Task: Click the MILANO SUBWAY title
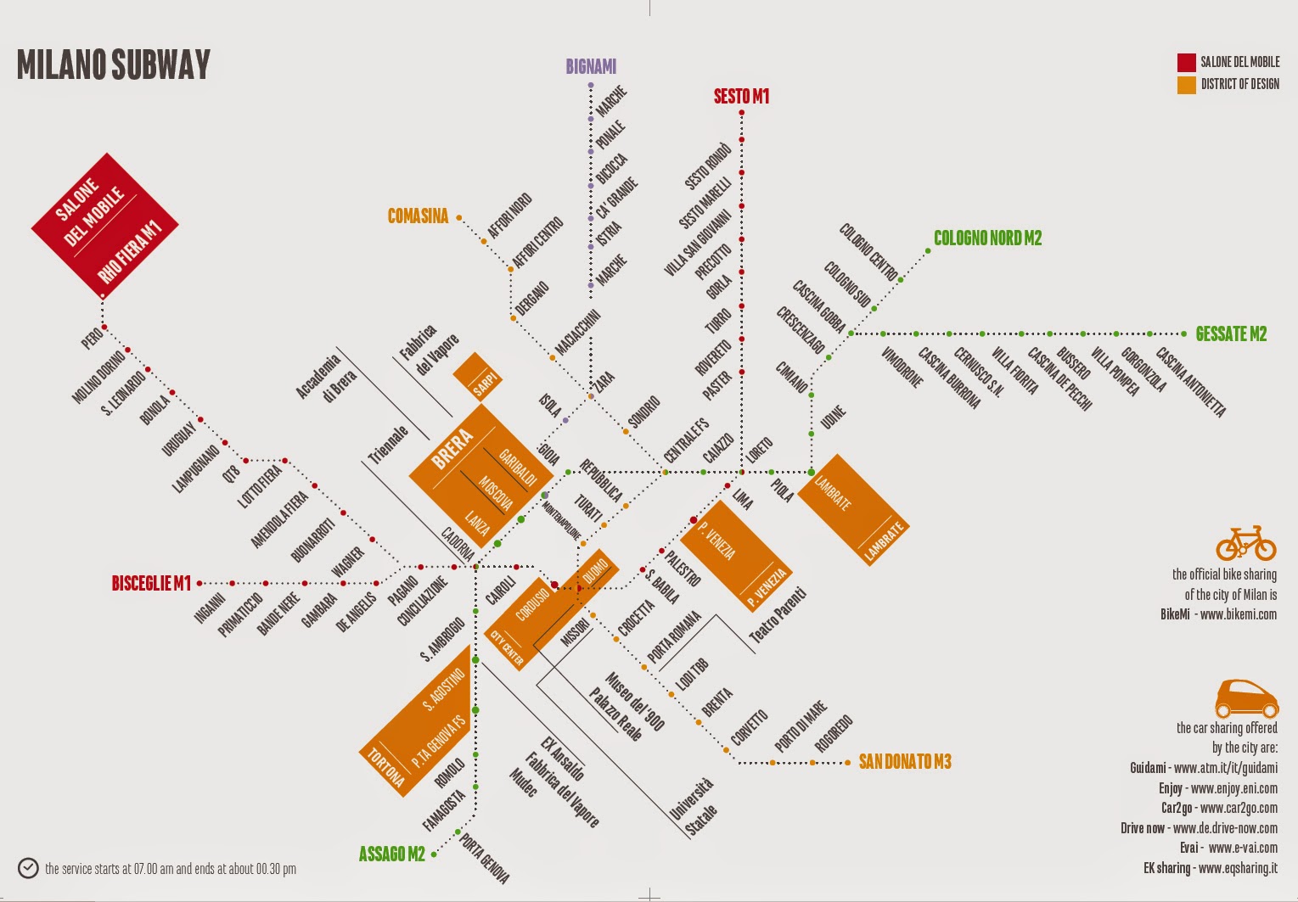pyautogui.click(x=114, y=65)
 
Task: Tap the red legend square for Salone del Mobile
pyautogui.click(x=1186, y=62)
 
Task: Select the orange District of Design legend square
pyautogui.click(x=1186, y=84)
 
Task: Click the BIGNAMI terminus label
pyautogui.click(x=591, y=66)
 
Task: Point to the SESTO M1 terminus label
pyautogui.click(x=741, y=97)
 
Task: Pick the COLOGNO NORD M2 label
pyautogui.click(x=987, y=238)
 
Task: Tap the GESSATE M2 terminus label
pyautogui.click(x=1231, y=334)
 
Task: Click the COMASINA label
pyautogui.click(x=418, y=216)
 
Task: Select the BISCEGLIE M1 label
pyautogui.click(x=151, y=584)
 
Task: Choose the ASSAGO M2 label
pyautogui.click(x=391, y=854)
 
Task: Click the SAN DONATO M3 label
pyautogui.click(x=905, y=762)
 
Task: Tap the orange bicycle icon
pyautogui.click(x=1245, y=543)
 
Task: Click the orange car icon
pyautogui.click(x=1246, y=698)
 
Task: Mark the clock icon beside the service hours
pyautogui.click(x=28, y=868)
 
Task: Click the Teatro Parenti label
pyautogui.click(x=778, y=615)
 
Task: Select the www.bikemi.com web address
pyautogui.click(x=1239, y=614)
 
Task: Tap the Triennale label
pyautogui.click(x=388, y=444)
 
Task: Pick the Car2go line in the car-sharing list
pyautogui.click(x=1219, y=808)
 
